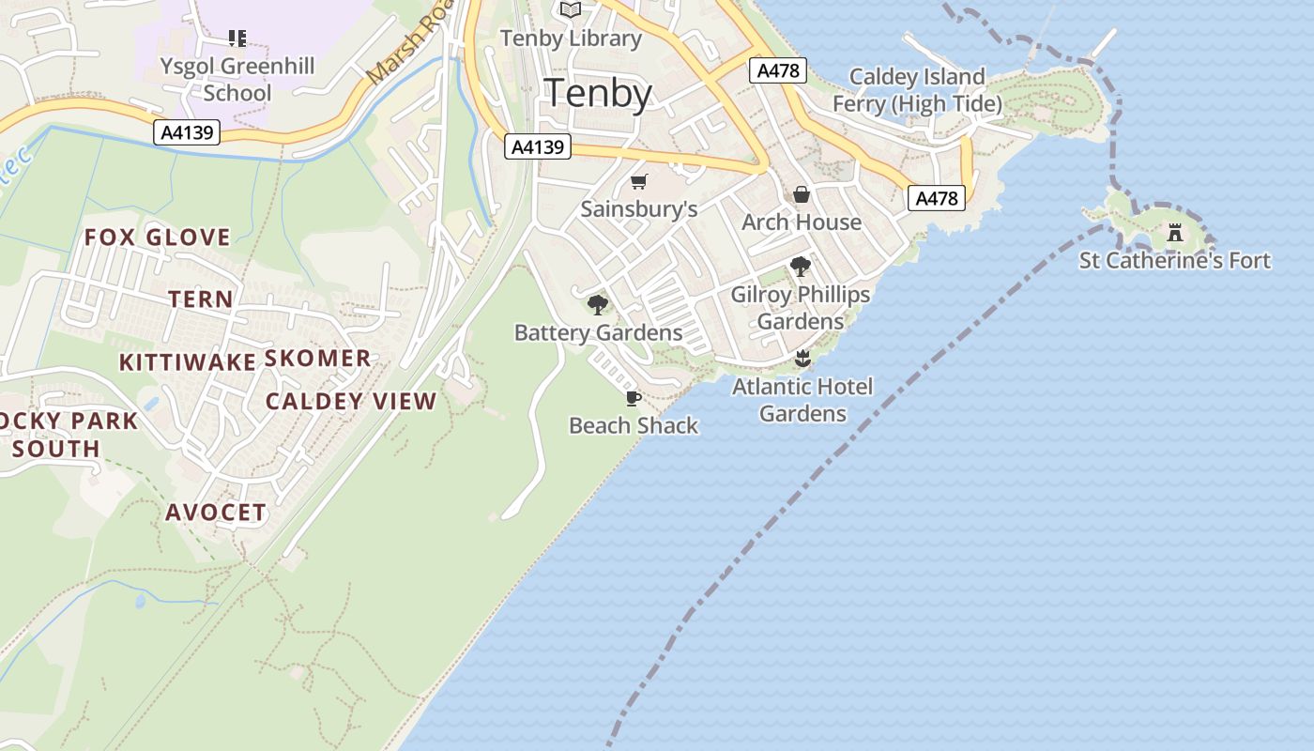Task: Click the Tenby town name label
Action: click(598, 94)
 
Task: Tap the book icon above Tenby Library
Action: click(571, 10)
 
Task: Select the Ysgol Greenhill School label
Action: click(237, 79)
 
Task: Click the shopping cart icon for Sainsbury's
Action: click(639, 181)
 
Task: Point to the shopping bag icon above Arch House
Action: click(802, 194)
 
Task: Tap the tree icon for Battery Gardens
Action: click(597, 305)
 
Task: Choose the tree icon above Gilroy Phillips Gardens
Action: click(801, 267)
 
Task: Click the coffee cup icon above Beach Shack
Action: click(634, 398)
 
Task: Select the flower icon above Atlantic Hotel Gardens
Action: click(802, 359)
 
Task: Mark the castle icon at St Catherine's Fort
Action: click(1174, 233)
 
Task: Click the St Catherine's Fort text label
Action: click(1175, 260)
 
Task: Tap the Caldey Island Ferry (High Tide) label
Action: click(917, 90)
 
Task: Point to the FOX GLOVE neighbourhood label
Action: click(158, 238)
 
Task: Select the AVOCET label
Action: click(216, 513)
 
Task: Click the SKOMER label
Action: click(318, 359)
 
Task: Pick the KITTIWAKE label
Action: click(188, 362)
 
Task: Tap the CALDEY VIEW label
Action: click(351, 402)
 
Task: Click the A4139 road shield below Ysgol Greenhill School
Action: click(187, 132)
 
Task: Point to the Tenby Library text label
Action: click(571, 38)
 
